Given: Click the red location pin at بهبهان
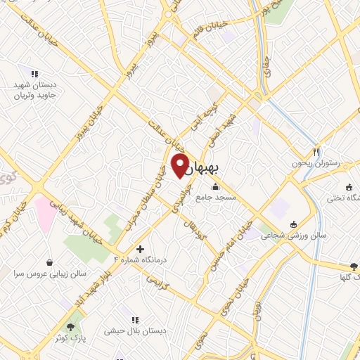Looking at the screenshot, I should coord(180,166).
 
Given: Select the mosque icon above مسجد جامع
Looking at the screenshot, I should coord(214,187).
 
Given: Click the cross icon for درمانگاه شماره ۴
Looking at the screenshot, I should coord(140,248).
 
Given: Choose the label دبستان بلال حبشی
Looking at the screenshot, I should coord(134,330).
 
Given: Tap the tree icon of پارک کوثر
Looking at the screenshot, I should coord(70,327).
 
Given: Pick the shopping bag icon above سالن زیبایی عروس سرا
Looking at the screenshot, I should coord(49,262).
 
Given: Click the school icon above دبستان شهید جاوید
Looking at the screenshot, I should coord(33,74).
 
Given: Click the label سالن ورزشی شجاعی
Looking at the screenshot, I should coord(287,236).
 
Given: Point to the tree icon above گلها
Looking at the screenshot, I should coord(353,266).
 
